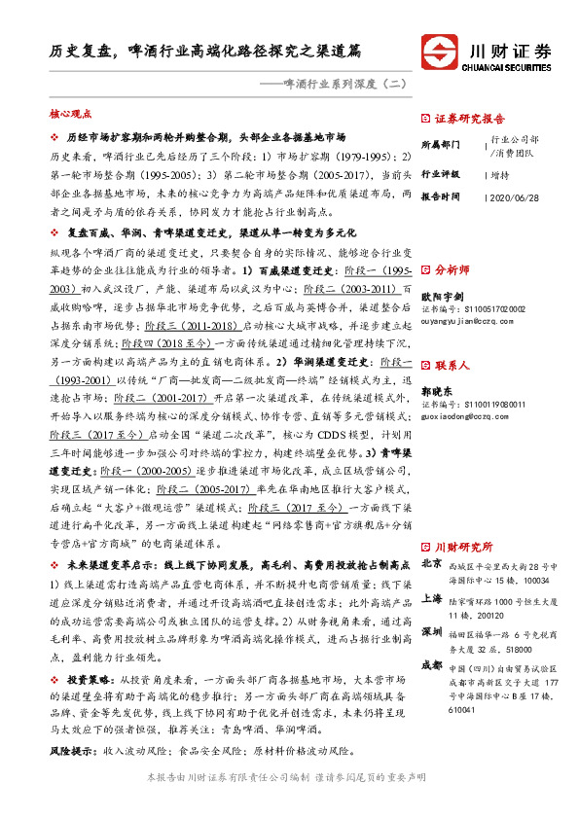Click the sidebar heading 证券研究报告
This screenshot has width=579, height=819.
pos(465,118)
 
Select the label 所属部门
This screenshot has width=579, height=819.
pos(440,144)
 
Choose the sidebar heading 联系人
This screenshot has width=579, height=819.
pos(452,366)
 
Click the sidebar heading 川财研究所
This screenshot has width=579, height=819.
pos(462,546)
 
